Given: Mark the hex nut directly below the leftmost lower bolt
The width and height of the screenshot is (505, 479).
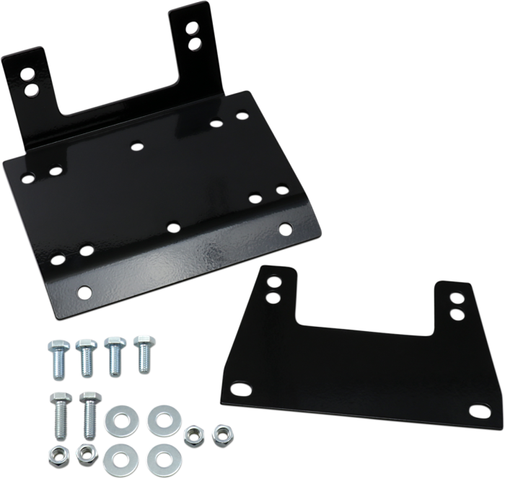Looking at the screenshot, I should [x=56, y=455].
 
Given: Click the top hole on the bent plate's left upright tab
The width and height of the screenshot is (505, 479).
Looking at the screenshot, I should [x=27, y=75].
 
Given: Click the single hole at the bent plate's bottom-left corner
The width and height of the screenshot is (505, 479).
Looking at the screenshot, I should [x=86, y=292].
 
